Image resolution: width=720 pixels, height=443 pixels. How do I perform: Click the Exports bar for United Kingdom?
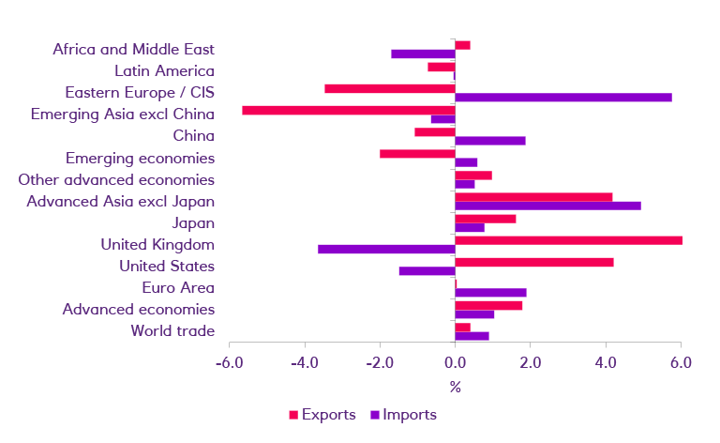[568, 240]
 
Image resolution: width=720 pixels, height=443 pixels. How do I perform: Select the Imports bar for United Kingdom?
[386, 250]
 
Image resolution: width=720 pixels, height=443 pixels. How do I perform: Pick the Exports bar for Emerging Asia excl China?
[348, 110]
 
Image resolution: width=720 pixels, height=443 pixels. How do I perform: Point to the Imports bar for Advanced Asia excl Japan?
[547, 206]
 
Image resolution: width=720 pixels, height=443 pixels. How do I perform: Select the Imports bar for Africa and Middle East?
[423, 54]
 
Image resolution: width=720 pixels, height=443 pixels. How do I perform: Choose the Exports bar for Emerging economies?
[417, 153]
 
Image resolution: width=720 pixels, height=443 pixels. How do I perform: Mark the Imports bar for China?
[490, 141]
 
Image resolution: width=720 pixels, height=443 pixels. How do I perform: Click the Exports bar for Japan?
[486, 219]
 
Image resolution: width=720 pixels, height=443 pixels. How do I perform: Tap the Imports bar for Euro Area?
[490, 293]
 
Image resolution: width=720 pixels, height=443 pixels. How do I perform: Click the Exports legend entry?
[321, 414]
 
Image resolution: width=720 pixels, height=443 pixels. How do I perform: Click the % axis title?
[455, 387]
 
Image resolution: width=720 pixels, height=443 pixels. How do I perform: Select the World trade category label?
[172, 330]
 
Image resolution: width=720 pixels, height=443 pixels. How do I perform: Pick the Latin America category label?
[164, 71]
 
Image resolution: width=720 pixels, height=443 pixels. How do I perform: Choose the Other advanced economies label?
[116, 179]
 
